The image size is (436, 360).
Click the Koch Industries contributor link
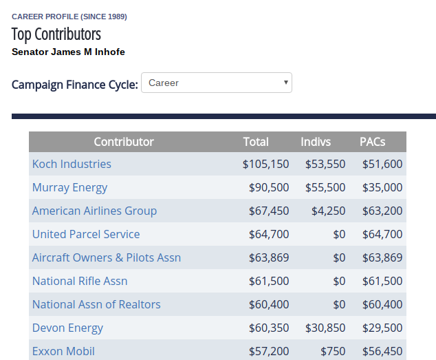tap(72, 164)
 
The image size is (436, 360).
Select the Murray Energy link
tap(69, 188)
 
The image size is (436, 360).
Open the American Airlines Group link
tap(94, 211)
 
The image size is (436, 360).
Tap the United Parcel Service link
tap(86, 234)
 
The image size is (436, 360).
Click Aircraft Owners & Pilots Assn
tap(107, 257)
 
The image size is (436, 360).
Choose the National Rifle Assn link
tap(80, 281)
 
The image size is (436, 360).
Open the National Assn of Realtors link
tap(96, 304)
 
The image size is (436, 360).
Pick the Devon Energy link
tap(67, 328)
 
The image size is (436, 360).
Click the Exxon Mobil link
tap(63, 351)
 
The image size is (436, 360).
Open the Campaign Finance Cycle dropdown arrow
tap(285, 83)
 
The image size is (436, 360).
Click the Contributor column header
tap(124, 142)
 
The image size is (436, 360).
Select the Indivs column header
tap(316, 142)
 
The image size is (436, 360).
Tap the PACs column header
tap(372, 142)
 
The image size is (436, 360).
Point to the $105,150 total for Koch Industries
tap(266, 164)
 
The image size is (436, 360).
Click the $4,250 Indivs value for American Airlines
tap(329, 211)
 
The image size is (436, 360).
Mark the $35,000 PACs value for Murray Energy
tap(382, 188)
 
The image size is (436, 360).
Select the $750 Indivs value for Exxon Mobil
tap(333, 351)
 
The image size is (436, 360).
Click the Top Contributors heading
tap(56, 34)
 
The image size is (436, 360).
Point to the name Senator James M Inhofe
tap(68, 52)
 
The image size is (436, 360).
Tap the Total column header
tap(256, 142)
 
